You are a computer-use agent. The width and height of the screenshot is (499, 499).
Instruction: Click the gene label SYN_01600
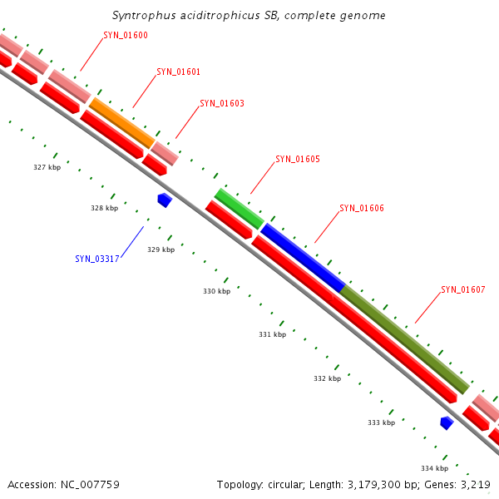coord(126,35)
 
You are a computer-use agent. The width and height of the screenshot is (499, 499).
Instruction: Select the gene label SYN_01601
coord(179,72)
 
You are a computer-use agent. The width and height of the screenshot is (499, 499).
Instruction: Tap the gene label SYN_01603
coord(222,104)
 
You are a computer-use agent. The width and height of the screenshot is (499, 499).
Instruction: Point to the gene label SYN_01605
coord(298,159)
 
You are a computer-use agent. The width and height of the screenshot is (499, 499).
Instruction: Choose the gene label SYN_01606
coord(362,208)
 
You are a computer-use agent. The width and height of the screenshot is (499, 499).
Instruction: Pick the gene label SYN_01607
coord(463,289)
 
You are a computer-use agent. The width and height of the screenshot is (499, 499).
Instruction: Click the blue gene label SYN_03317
coord(97,259)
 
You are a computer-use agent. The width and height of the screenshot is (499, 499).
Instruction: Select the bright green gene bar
coord(239,208)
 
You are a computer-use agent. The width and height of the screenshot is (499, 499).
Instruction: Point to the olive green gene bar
coord(405,339)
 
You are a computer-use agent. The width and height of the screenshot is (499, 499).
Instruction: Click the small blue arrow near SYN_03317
coord(165,200)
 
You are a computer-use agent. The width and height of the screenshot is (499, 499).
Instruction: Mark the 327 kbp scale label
coord(47,167)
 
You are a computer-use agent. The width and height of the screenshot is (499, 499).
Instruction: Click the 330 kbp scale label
coord(216,291)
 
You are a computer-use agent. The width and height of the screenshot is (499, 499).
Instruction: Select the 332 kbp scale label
coord(327,378)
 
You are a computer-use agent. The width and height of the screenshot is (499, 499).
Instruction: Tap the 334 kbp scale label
coord(434,468)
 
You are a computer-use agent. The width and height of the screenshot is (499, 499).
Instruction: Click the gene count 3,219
coord(474,484)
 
